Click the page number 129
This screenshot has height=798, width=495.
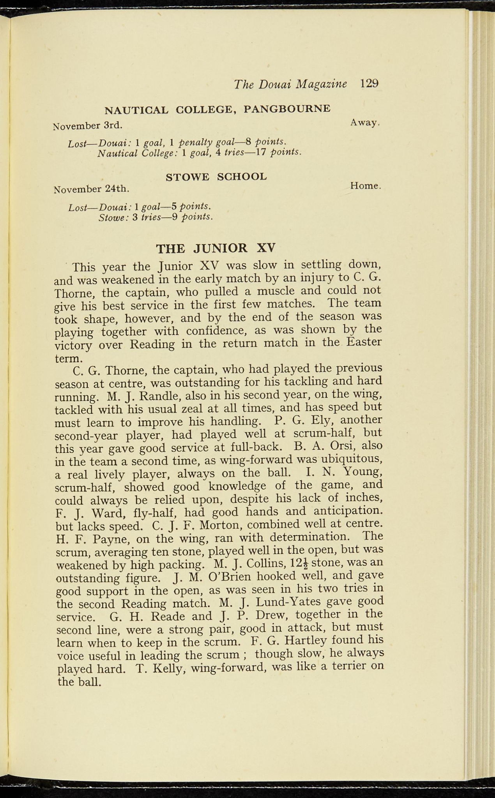click(369, 84)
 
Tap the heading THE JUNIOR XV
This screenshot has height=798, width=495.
click(216, 248)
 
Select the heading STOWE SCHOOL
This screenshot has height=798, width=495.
click(216, 177)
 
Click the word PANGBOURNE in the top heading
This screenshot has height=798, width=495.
click(287, 109)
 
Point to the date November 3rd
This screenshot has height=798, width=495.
click(87, 126)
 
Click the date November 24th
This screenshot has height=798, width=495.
click(91, 189)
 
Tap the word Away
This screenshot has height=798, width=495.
click(364, 122)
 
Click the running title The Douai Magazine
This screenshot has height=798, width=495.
click(290, 84)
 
